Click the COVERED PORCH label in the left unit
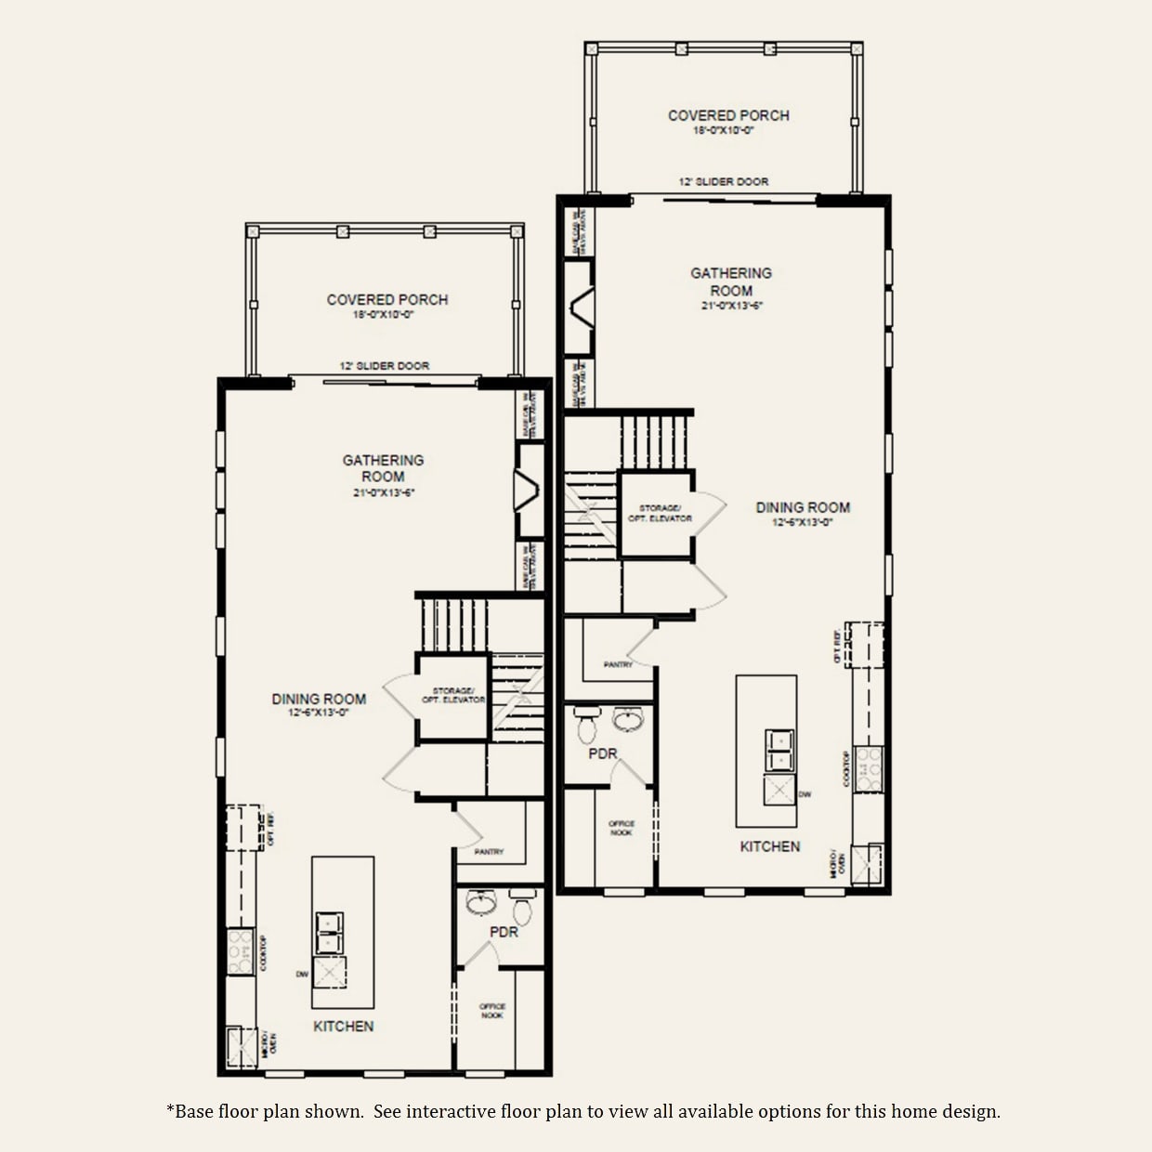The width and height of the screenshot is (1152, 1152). tap(387, 300)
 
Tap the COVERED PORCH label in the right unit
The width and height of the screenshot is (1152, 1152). tap(728, 115)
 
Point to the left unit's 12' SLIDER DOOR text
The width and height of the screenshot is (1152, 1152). tap(385, 366)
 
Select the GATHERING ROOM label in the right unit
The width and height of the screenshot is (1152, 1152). tap(731, 281)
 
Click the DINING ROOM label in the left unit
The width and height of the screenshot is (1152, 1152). tap(319, 699)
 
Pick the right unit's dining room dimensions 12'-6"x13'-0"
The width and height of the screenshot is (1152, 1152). tap(803, 522)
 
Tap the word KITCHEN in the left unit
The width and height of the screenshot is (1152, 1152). tap(343, 1026)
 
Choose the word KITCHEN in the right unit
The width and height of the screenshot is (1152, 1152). tap(769, 846)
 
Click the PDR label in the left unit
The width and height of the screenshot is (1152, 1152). tap(504, 931)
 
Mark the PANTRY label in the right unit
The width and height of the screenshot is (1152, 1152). tap(618, 664)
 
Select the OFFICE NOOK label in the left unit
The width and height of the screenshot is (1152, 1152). tap(492, 1011)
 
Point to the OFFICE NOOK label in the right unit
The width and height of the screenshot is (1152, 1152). tap(622, 828)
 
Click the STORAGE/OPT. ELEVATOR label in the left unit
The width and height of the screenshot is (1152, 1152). tap(452, 695)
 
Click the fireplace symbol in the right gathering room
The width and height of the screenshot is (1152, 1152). tap(582, 307)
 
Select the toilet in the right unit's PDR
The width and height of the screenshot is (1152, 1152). tap(586, 724)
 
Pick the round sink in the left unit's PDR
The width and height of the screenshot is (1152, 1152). tap(480, 902)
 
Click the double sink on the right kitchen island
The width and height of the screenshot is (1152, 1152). tap(779, 750)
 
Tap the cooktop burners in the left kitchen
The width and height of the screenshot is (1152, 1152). tap(241, 951)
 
